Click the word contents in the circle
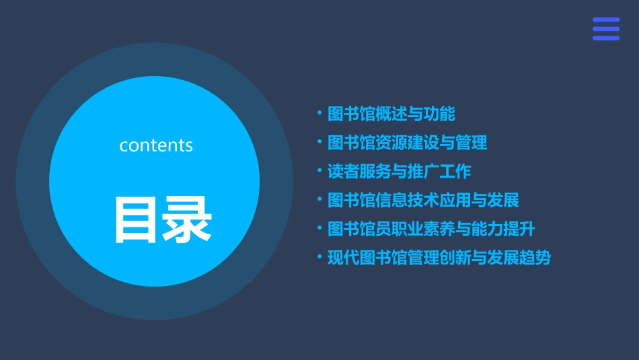pyautogui.click(x=156, y=145)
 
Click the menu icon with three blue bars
pyautogui.click(x=606, y=29)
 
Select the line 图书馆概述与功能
pyautogui.click(x=391, y=114)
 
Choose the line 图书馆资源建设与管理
pyautogui.click(x=407, y=143)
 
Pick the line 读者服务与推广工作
pyautogui.click(x=399, y=172)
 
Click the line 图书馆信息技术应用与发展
pyautogui.click(x=423, y=200)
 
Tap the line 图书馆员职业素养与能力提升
pyautogui.click(x=431, y=229)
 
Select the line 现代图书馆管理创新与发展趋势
pyautogui.click(x=439, y=258)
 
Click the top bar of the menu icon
pyautogui.click(x=606, y=20)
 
